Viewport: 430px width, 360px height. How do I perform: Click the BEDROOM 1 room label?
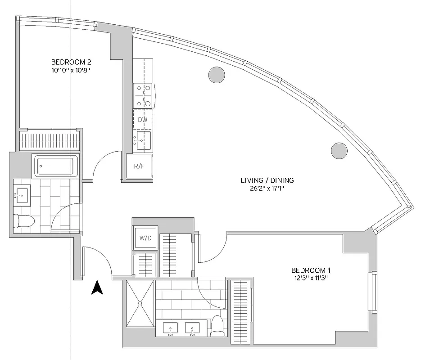pos(311,270)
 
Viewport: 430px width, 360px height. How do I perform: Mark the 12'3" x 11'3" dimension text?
pos(311,278)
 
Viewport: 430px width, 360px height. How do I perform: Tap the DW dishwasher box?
pos(143,120)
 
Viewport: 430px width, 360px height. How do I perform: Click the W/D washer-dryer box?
pos(145,238)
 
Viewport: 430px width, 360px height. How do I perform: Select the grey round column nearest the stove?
pos(217,74)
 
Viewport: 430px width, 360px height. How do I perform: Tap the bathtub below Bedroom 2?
pos(56,166)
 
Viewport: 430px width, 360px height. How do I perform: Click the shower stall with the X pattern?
pos(140,304)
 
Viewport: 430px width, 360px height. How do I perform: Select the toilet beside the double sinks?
pos(218,325)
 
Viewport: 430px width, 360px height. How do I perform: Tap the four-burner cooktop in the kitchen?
pos(144,95)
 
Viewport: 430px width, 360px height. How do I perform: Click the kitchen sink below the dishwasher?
pos(143,140)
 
